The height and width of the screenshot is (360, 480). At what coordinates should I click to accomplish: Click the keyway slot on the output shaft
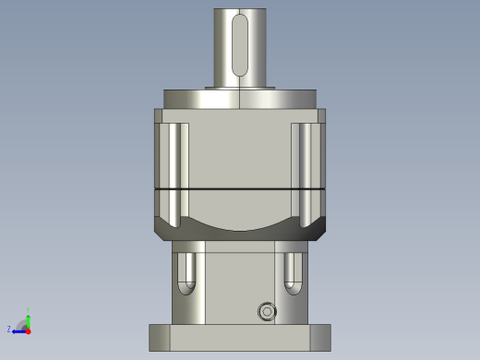[240, 44]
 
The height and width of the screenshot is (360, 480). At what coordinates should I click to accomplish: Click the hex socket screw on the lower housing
[268, 311]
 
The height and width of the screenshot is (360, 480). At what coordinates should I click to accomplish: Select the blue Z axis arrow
[18, 329]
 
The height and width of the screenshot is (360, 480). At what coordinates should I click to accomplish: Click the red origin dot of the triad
[28, 329]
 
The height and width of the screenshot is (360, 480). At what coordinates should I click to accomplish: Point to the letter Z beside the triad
[9, 329]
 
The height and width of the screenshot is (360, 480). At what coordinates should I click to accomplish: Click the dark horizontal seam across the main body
[240, 188]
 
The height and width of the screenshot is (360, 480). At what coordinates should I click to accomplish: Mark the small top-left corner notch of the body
[158, 115]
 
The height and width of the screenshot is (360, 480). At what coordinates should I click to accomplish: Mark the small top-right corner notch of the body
[322, 115]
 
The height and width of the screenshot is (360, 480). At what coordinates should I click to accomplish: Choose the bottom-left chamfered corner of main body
[161, 232]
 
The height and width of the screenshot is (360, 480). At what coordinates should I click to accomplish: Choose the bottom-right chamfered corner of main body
[319, 232]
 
